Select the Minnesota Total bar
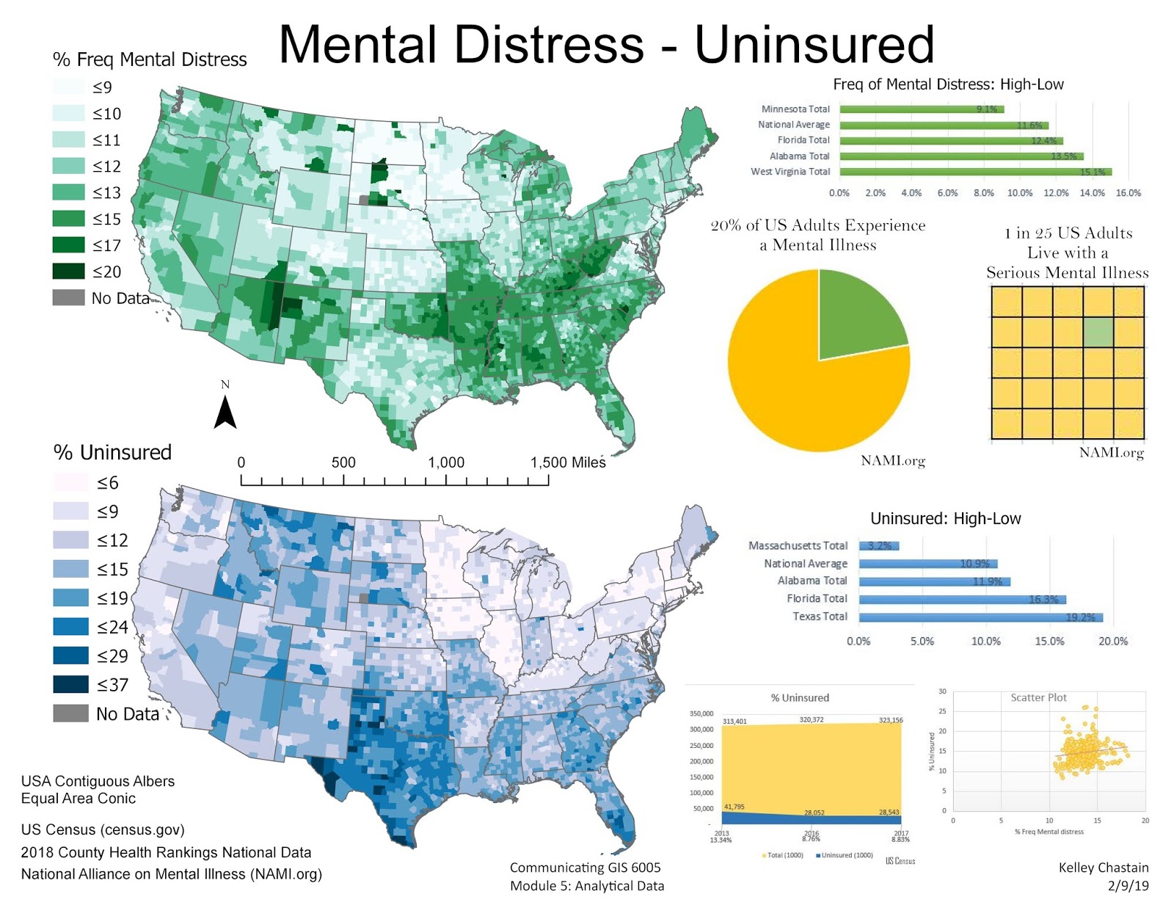click(x=921, y=109)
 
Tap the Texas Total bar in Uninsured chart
click(x=980, y=617)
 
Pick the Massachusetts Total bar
click(x=878, y=545)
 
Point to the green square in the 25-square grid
click(x=1098, y=333)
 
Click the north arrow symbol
click(x=225, y=412)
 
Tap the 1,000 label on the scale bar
click(x=446, y=462)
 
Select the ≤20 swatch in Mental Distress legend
click(x=68, y=272)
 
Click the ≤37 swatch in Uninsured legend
click(x=70, y=684)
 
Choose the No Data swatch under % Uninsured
click(x=70, y=713)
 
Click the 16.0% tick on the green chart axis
click(x=1128, y=193)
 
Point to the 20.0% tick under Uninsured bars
click(x=1112, y=641)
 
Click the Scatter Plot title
click(x=1038, y=697)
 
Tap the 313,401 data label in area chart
click(x=734, y=722)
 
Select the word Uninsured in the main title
click(x=814, y=45)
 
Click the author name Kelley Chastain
click(x=1103, y=868)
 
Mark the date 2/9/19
click(x=1128, y=886)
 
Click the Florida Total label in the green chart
click(x=803, y=140)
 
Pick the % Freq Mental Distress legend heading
click(x=150, y=59)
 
